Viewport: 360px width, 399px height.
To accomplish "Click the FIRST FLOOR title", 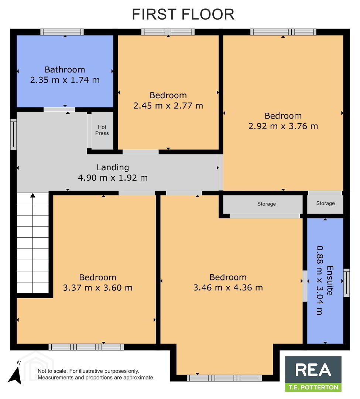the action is pyautogui.click(x=183, y=14).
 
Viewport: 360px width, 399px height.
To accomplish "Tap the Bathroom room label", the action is pyautogui.click(x=65, y=69).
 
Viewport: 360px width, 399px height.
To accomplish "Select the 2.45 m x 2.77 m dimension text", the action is pyautogui.click(x=168, y=106).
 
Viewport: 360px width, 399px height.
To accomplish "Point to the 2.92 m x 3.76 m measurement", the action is pyautogui.click(x=283, y=126).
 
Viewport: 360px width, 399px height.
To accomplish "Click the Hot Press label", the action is pyautogui.click(x=102, y=130).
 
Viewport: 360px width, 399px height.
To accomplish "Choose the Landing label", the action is pyautogui.click(x=113, y=167).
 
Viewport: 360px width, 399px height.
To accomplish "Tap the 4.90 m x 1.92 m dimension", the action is pyautogui.click(x=113, y=178).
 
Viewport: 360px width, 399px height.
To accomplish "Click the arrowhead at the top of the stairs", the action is pyautogui.click(x=33, y=195).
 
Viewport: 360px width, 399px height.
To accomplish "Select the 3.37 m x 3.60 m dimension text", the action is pyautogui.click(x=97, y=288).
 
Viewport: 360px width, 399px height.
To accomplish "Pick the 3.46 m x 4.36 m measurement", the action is pyautogui.click(x=228, y=287).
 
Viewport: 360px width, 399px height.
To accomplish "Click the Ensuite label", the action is pyautogui.click(x=330, y=281).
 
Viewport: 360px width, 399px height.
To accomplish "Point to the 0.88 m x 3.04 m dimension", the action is pyautogui.click(x=320, y=280).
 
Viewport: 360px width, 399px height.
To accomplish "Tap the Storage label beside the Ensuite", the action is pyautogui.click(x=325, y=203).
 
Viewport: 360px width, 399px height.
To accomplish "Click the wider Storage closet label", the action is pyautogui.click(x=267, y=204).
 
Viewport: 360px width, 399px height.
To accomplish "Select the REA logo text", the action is pyautogui.click(x=313, y=370).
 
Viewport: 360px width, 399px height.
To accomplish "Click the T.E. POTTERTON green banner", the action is pyautogui.click(x=313, y=387).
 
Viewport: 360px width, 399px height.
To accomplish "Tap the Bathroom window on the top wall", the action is pyautogui.click(x=62, y=32).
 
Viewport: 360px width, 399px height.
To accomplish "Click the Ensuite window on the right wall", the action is pyautogui.click(x=347, y=283).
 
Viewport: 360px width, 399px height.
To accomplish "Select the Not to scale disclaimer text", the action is pyautogui.click(x=96, y=374).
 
